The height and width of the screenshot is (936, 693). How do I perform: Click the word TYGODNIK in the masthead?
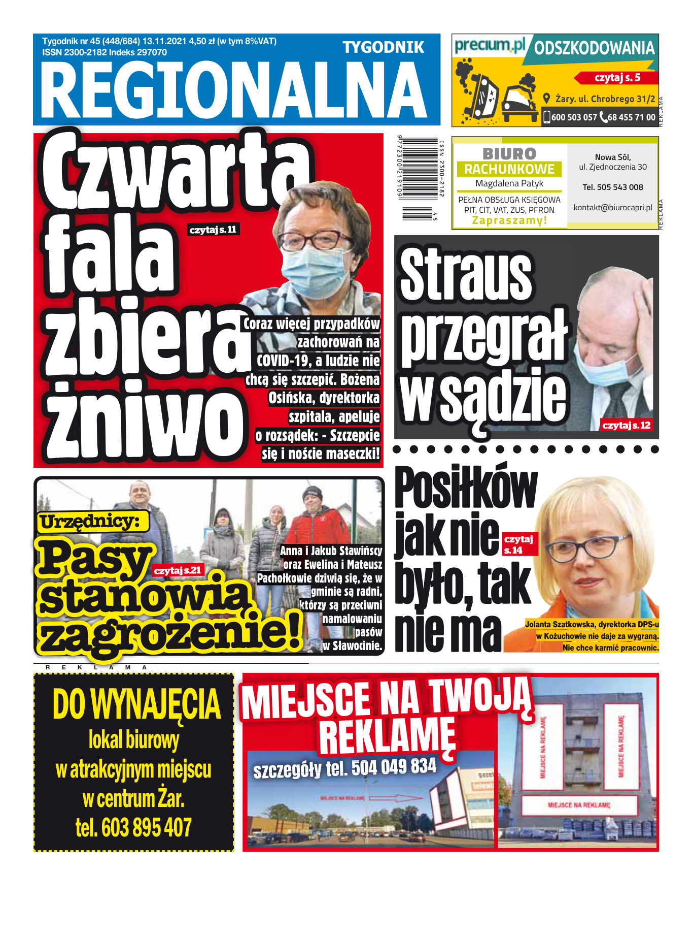pyautogui.click(x=383, y=48)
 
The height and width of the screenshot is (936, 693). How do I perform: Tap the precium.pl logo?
pyautogui.click(x=489, y=46)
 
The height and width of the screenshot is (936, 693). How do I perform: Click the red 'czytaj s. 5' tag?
pyautogui.click(x=617, y=78)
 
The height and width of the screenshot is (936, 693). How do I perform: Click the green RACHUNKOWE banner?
pyautogui.click(x=509, y=169)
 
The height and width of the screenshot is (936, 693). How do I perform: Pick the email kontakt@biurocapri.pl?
pyautogui.click(x=613, y=207)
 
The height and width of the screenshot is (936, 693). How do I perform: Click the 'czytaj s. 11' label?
pyautogui.click(x=213, y=230)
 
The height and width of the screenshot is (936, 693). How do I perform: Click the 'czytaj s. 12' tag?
pyautogui.click(x=626, y=425)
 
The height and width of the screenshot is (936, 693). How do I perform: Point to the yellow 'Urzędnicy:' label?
pyautogui.click(x=90, y=522)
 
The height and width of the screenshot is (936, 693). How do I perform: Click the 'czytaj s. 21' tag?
pyautogui.click(x=178, y=570)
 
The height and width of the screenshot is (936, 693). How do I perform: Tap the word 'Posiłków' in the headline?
pyautogui.click(x=465, y=489)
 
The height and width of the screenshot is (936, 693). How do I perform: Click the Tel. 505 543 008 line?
pyautogui.click(x=613, y=187)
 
